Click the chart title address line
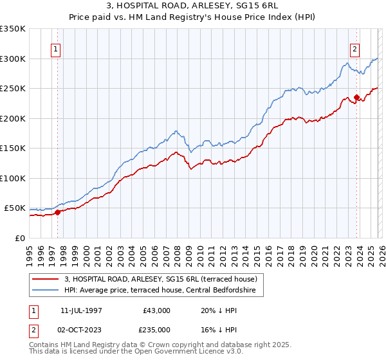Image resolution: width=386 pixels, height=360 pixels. pyautogui.click(x=193, y=6)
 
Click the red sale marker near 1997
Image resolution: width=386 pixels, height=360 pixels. pyautogui.click(x=57, y=212)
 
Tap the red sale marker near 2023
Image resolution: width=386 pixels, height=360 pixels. pyautogui.click(x=356, y=98)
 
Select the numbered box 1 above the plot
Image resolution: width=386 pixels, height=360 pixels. pyautogui.click(x=55, y=49)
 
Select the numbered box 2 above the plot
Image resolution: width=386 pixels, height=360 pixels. pyautogui.click(x=354, y=49)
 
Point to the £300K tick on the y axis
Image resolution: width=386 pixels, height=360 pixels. pyautogui.click(x=13, y=59)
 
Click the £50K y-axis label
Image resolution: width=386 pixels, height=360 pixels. pyautogui.click(x=15, y=208)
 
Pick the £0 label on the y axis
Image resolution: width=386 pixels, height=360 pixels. pyautogui.click(x=21, y=239)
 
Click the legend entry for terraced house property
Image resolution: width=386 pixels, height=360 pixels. pyautogui.click(x=160, y=279)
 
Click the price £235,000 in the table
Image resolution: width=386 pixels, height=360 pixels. pyautogui.click(x=156, y=330)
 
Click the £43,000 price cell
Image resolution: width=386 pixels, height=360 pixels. pyautogui.click(x=156, y=310)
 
